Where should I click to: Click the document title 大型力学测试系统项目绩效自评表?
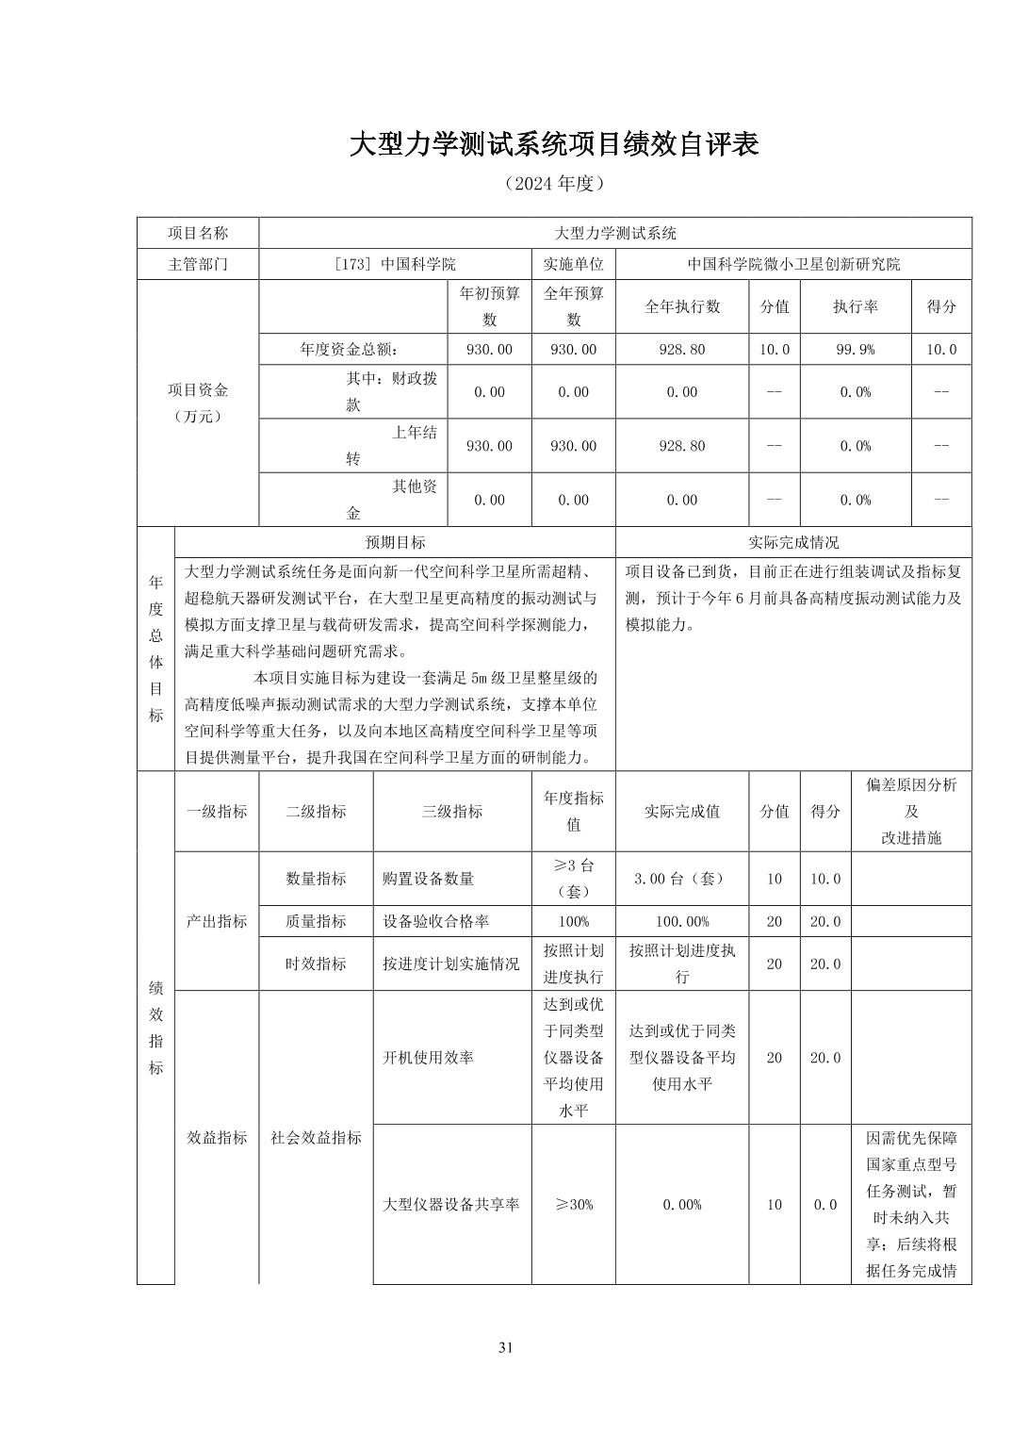click(553, 144)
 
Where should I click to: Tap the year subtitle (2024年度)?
click(553, 183)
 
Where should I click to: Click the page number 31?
click(506, 1347)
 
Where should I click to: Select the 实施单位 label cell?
click(573, 264)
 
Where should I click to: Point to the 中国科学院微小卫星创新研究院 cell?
click(792, 264)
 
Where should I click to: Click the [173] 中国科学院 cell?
click(395, 264)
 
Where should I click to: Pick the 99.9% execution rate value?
click(855, 349)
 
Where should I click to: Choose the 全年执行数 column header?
click(681, 306)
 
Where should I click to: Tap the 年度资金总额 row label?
click(353, 349)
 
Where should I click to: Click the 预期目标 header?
click(395, 542)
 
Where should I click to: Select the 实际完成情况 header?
click(792, 542)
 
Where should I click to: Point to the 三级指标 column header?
click(451, 811)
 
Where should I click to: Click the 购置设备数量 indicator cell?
click(429, 879)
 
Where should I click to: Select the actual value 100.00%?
click(681, 921)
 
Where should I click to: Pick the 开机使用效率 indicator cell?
click(429, 1057)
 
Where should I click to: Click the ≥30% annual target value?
click(573, 1204)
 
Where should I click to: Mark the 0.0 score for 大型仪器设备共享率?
click(824, 1204)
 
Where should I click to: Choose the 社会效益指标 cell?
click(316, 1137)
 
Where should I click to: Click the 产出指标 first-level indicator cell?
click(217, 921)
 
